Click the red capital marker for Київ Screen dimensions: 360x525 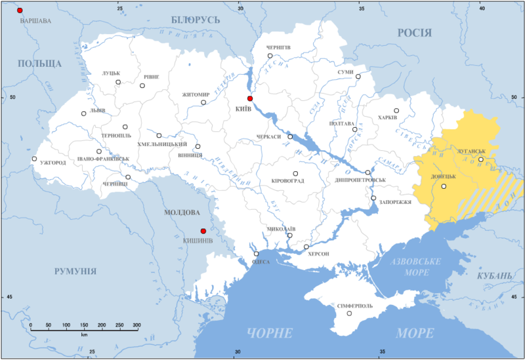pos(250,98)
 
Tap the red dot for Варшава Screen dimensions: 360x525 pos(20,10)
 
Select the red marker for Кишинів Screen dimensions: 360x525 pos(203,231)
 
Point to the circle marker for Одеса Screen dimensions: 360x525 pos(257,254)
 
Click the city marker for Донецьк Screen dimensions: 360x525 pos(444,186)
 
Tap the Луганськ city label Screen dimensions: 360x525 pos(471,151)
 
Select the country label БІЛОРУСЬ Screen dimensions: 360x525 pos(196,20)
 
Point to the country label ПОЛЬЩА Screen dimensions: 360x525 pos(40,64)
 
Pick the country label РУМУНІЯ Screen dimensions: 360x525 pos(75,271)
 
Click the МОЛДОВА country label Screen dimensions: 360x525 pos(182,212)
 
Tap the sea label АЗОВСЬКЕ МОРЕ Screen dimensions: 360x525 pos(415,266)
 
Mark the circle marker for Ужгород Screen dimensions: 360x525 pos(34,159)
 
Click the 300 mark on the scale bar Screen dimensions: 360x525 pos(136,326)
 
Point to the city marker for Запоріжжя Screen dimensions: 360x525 pos(373,198)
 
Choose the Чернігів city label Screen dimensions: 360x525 pos(278,48)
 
